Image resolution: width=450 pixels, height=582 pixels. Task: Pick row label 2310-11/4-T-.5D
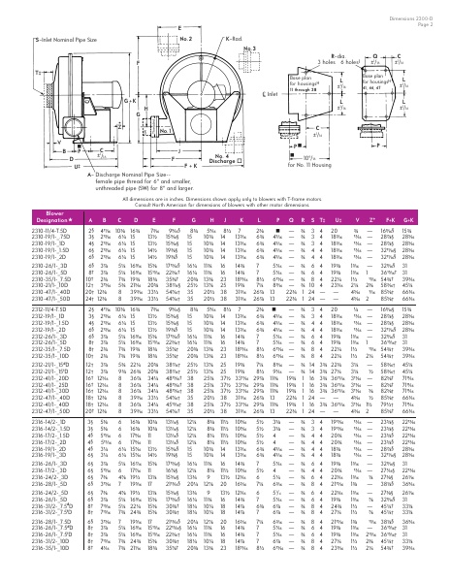32,256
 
